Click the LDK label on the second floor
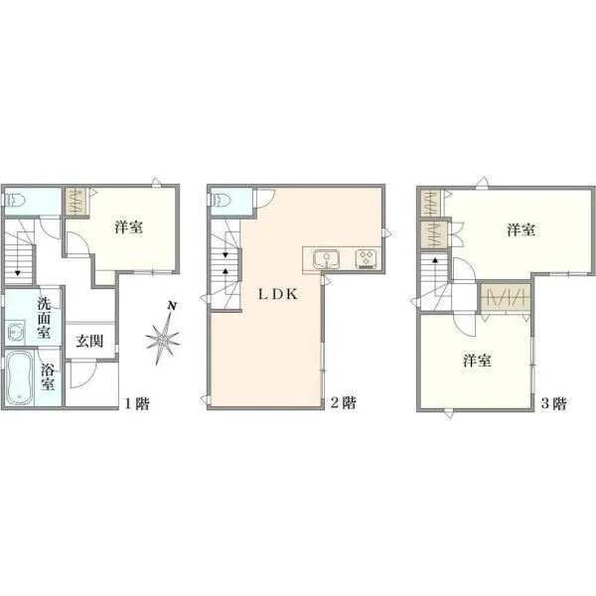278,294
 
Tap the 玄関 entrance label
89,341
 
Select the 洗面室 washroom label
44,318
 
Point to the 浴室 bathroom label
48,376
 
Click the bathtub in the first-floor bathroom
20,377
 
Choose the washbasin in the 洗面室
16,332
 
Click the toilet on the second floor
221,199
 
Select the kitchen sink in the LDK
326,258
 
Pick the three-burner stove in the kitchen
366,258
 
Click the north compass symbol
164,334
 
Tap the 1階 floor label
137,403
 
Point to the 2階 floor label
344,402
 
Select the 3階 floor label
554,403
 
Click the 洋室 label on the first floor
129,226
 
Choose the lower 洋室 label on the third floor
477,361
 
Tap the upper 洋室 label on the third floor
521,229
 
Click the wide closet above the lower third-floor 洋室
506,297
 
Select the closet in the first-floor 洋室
76,202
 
